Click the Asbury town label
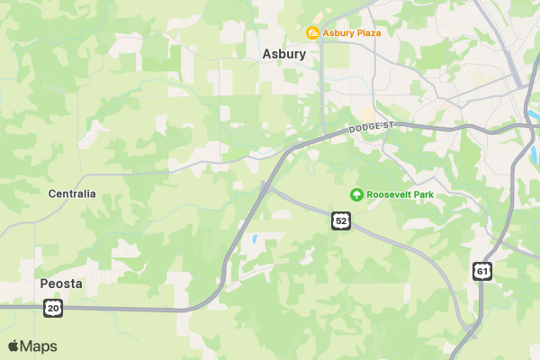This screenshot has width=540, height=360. (x=283, y=54)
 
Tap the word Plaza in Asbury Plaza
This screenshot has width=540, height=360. (x=365, y=33)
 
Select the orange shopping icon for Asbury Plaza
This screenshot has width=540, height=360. (x=312, y=33)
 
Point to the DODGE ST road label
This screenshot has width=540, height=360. (x=371, y=129)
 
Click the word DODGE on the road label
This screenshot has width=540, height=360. (x=365, y=130)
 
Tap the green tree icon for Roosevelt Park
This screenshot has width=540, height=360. (x=356, y=194)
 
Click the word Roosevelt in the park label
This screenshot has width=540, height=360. (x=388, y=194)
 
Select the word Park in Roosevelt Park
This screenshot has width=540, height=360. (x=422, y=194)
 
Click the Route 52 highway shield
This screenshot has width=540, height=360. (x=339, y=220)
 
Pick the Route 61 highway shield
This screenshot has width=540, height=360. (x=482, y=270)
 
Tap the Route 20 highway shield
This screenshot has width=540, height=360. (x=53, y=308)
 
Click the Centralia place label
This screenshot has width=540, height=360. (x=72, y=193)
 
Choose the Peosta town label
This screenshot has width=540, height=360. (x=61, y=283)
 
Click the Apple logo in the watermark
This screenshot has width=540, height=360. (x=13, y=346)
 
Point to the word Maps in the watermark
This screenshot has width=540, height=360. (x=39, y=346)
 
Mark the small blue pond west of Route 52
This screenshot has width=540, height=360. (x=255, y=240)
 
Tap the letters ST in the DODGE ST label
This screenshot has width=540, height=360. (x=388, y=125)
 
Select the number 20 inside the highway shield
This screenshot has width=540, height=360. (x=53, y=308)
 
